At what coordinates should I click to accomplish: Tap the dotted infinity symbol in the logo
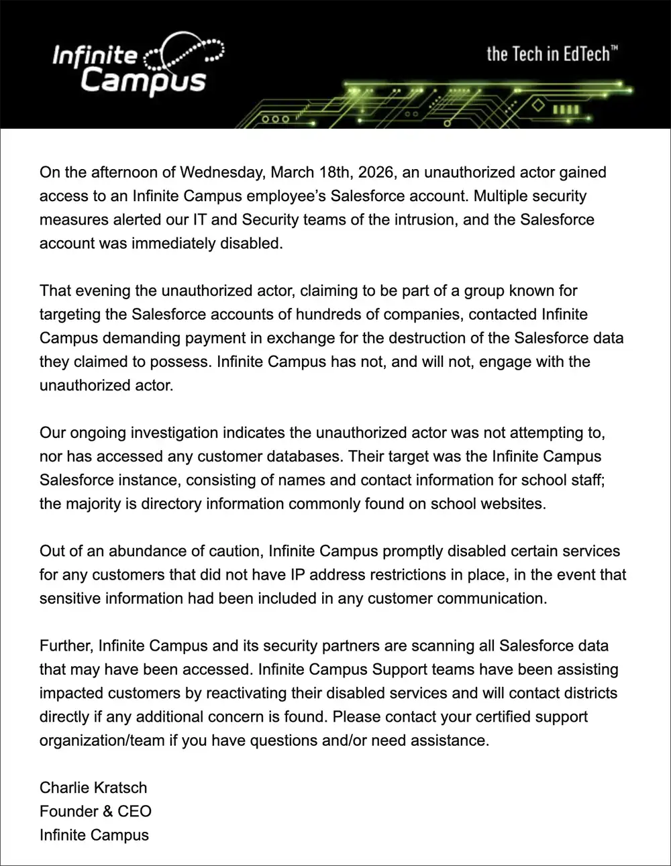pos(186,53)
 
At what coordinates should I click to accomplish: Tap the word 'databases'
pos(309,456)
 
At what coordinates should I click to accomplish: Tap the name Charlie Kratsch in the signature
pos(93,788)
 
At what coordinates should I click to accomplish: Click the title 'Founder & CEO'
pos(95,811)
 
